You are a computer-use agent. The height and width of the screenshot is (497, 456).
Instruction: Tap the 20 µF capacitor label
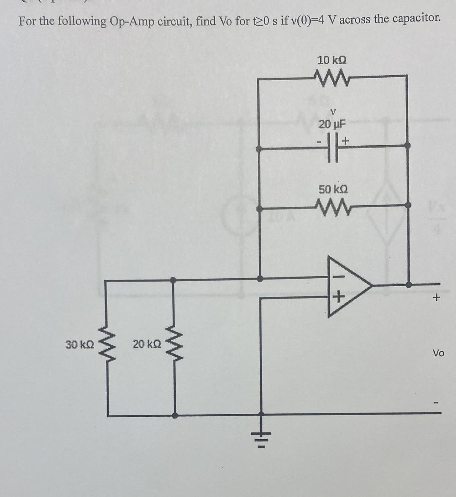[x=332, y=124]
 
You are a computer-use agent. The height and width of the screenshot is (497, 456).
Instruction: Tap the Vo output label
[x=438, y=353]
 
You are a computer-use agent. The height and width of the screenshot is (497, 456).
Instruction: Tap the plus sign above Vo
[x=436, y=298]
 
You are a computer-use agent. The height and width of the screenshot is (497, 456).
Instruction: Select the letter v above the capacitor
[x=333, y=112]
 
